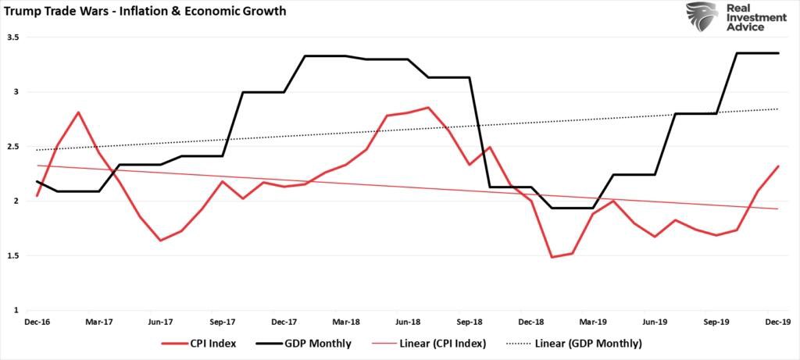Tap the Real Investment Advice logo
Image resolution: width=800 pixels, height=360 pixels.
click(736, 16)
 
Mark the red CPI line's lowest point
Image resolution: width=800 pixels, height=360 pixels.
click(552, 257)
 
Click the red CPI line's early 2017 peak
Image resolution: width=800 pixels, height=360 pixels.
click(77, 112)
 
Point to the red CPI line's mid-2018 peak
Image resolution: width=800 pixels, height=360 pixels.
click(427, 107)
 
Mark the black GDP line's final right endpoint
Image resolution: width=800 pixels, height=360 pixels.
click(779, 53)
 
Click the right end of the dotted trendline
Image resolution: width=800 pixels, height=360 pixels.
click(779, 109)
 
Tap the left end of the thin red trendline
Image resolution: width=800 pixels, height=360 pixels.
click(36, 166)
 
